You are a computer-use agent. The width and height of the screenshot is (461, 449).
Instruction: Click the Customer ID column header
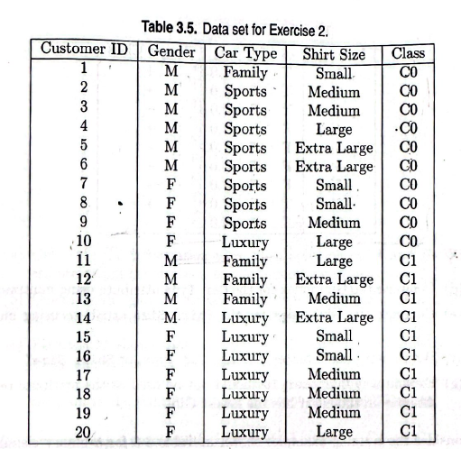[85, 49]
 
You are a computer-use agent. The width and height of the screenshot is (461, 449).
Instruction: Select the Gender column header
[171, 51]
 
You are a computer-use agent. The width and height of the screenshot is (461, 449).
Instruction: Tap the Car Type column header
[245, 52]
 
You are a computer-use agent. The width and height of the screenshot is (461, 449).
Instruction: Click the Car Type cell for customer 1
[245, 71]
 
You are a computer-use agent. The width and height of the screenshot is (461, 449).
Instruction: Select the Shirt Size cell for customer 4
[334, 129]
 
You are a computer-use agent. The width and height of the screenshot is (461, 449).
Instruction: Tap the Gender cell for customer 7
[171, 186]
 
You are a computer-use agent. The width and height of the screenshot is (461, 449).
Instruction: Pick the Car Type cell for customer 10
[245, 243]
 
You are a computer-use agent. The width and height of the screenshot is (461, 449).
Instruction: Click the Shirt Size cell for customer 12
[334, 280]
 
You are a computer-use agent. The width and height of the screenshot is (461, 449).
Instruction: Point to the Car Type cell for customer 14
[245, 317]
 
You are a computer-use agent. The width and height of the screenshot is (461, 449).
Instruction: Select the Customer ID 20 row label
[84, 429]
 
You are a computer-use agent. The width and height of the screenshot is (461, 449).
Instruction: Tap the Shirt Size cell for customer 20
[334, 431]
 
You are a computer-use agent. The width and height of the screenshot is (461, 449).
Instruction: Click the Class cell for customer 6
[409, 167]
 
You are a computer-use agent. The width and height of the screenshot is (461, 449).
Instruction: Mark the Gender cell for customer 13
[171, 298]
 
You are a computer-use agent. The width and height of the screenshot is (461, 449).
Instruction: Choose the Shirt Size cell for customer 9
[334, 224]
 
